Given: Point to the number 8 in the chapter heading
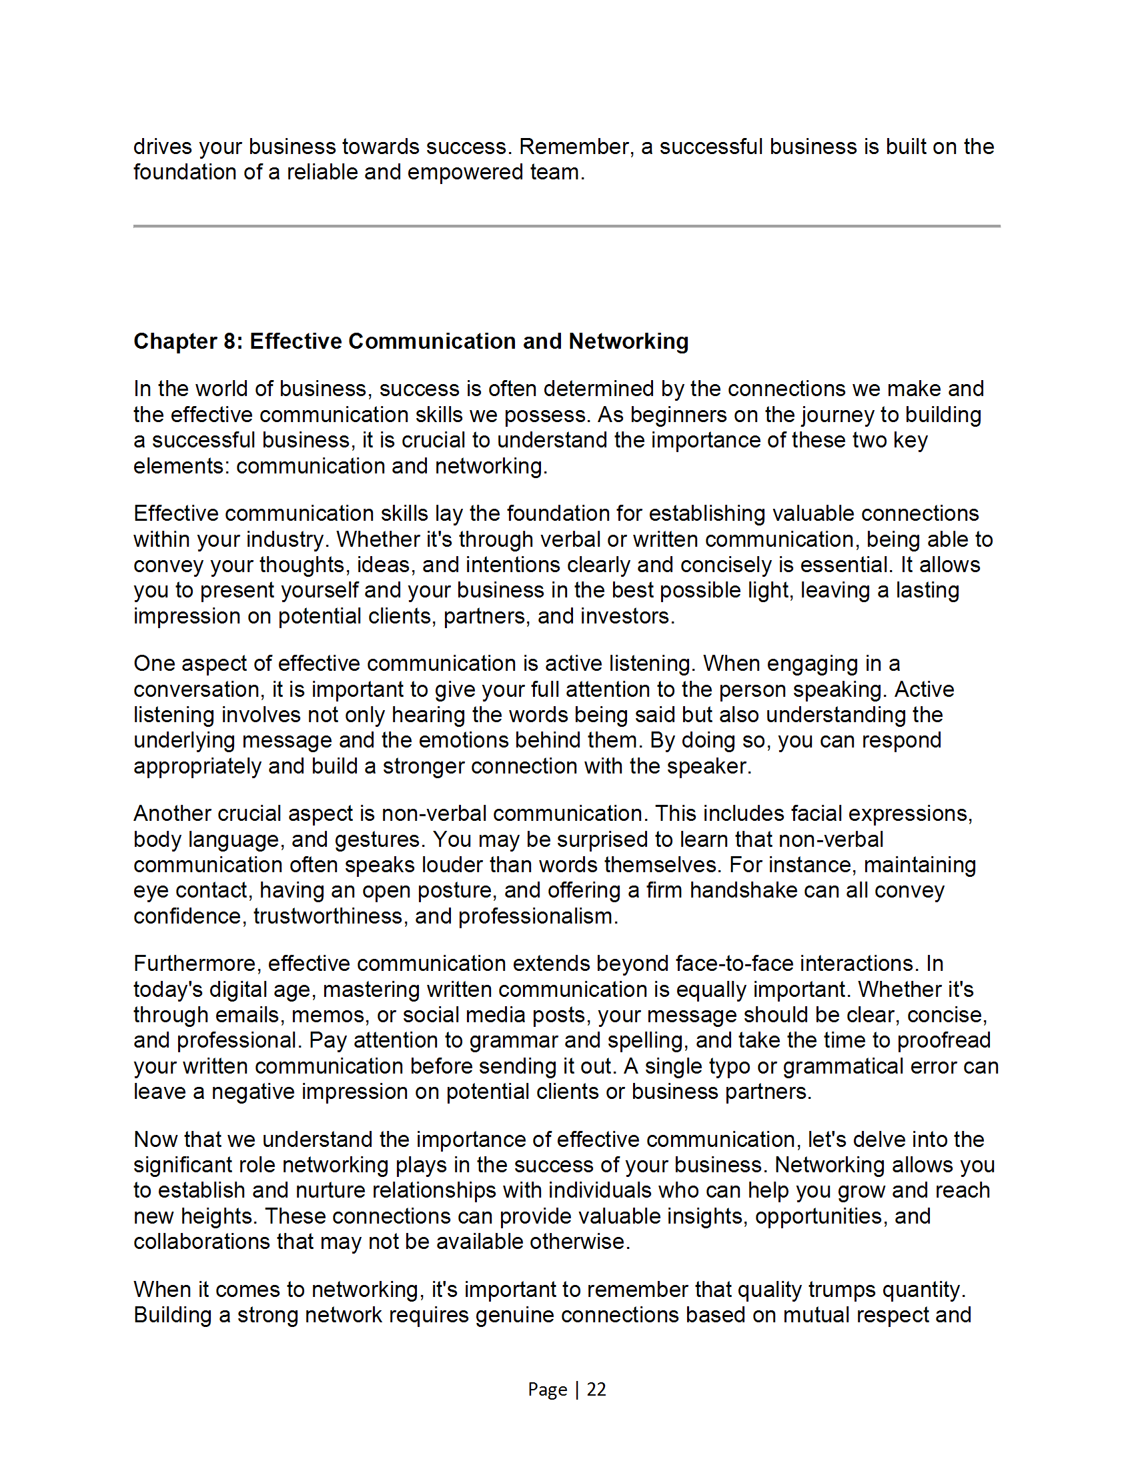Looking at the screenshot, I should click(229, 341).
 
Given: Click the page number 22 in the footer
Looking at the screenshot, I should click(596, 1389).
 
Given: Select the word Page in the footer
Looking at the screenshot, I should click(547, 1389).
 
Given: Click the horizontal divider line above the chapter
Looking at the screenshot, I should click(566, 225).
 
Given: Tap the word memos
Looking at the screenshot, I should click(330, 1015).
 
